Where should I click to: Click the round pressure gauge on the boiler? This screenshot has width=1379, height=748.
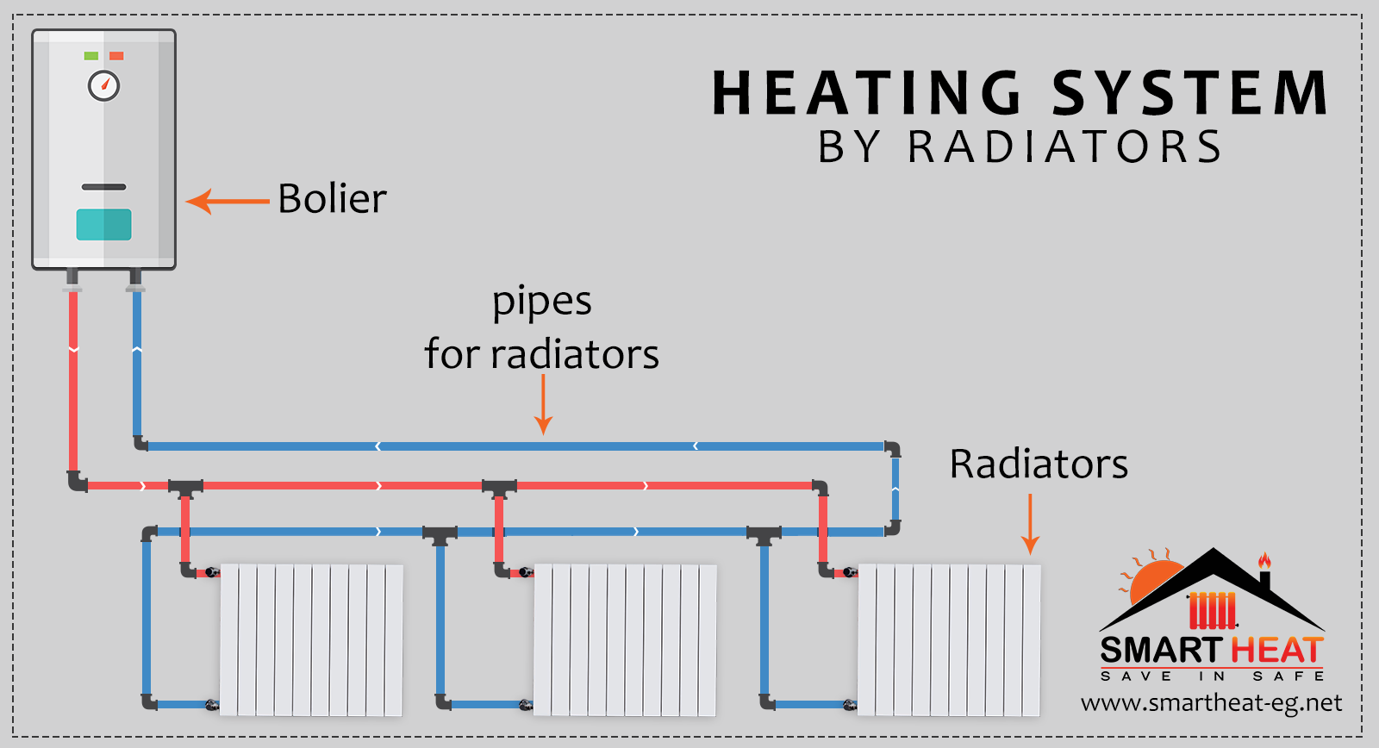(x=104, y=86)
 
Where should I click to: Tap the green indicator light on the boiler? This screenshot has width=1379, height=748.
(x=90, y=56)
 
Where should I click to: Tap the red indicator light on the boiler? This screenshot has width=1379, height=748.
(x=116, y=56)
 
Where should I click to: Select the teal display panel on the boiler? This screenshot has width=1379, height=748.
(x=103, y=225)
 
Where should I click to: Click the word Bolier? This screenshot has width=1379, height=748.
(x=332, y=199)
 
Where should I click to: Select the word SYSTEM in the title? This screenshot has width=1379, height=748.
(x=1190, y=93)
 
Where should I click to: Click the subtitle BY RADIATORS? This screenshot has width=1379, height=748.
(x=1020, y=146)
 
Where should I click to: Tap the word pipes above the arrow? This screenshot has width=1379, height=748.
(x=541, y=302)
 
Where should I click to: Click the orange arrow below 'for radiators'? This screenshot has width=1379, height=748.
(x=543, y=405)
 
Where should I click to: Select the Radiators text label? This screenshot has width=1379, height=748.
(x=1039, y=464)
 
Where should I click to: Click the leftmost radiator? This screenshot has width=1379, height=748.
(x=311, y=639)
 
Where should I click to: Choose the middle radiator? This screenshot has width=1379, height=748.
(x=625, y=639)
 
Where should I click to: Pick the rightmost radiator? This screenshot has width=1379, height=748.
(x=949, y=639)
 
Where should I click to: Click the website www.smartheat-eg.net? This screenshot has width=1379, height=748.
(x=1211, y=703)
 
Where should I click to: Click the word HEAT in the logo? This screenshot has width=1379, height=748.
(x=1276, y=650)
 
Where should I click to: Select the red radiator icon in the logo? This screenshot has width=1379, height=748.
(x=1213, y=610)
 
